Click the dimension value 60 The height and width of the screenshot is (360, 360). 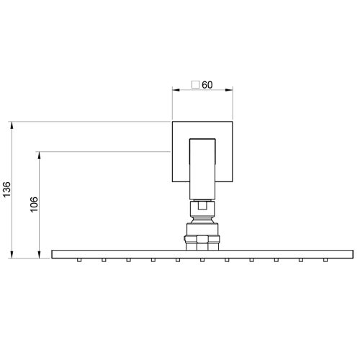pyautogui.click(x=207, y=85)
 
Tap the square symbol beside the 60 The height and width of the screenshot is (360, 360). pyautogui.click(x=195, y=85)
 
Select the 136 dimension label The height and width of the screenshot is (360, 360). pyautogui.click(x=6, y=189)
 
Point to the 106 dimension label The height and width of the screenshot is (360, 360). pyautogui.click(x=33, y=204)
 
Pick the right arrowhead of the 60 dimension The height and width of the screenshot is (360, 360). pyautogui.click(x=230, y=90)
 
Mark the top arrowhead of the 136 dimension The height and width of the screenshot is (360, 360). pyautogui.click(x=12, y=125)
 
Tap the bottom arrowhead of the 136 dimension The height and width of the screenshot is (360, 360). pyautogui.click(x=12, y=255)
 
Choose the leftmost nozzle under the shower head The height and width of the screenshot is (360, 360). pyautogui.click(x=79, y=260)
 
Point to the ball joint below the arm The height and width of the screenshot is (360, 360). pyautogui.click(x=202, y=210)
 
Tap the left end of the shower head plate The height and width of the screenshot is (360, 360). pyautogui.click(x=54, y=254)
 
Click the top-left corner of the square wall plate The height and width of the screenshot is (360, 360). pyautogui.click(x=172, y=122)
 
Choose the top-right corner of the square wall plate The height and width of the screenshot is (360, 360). pyautogui.click(x=231, y=122)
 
